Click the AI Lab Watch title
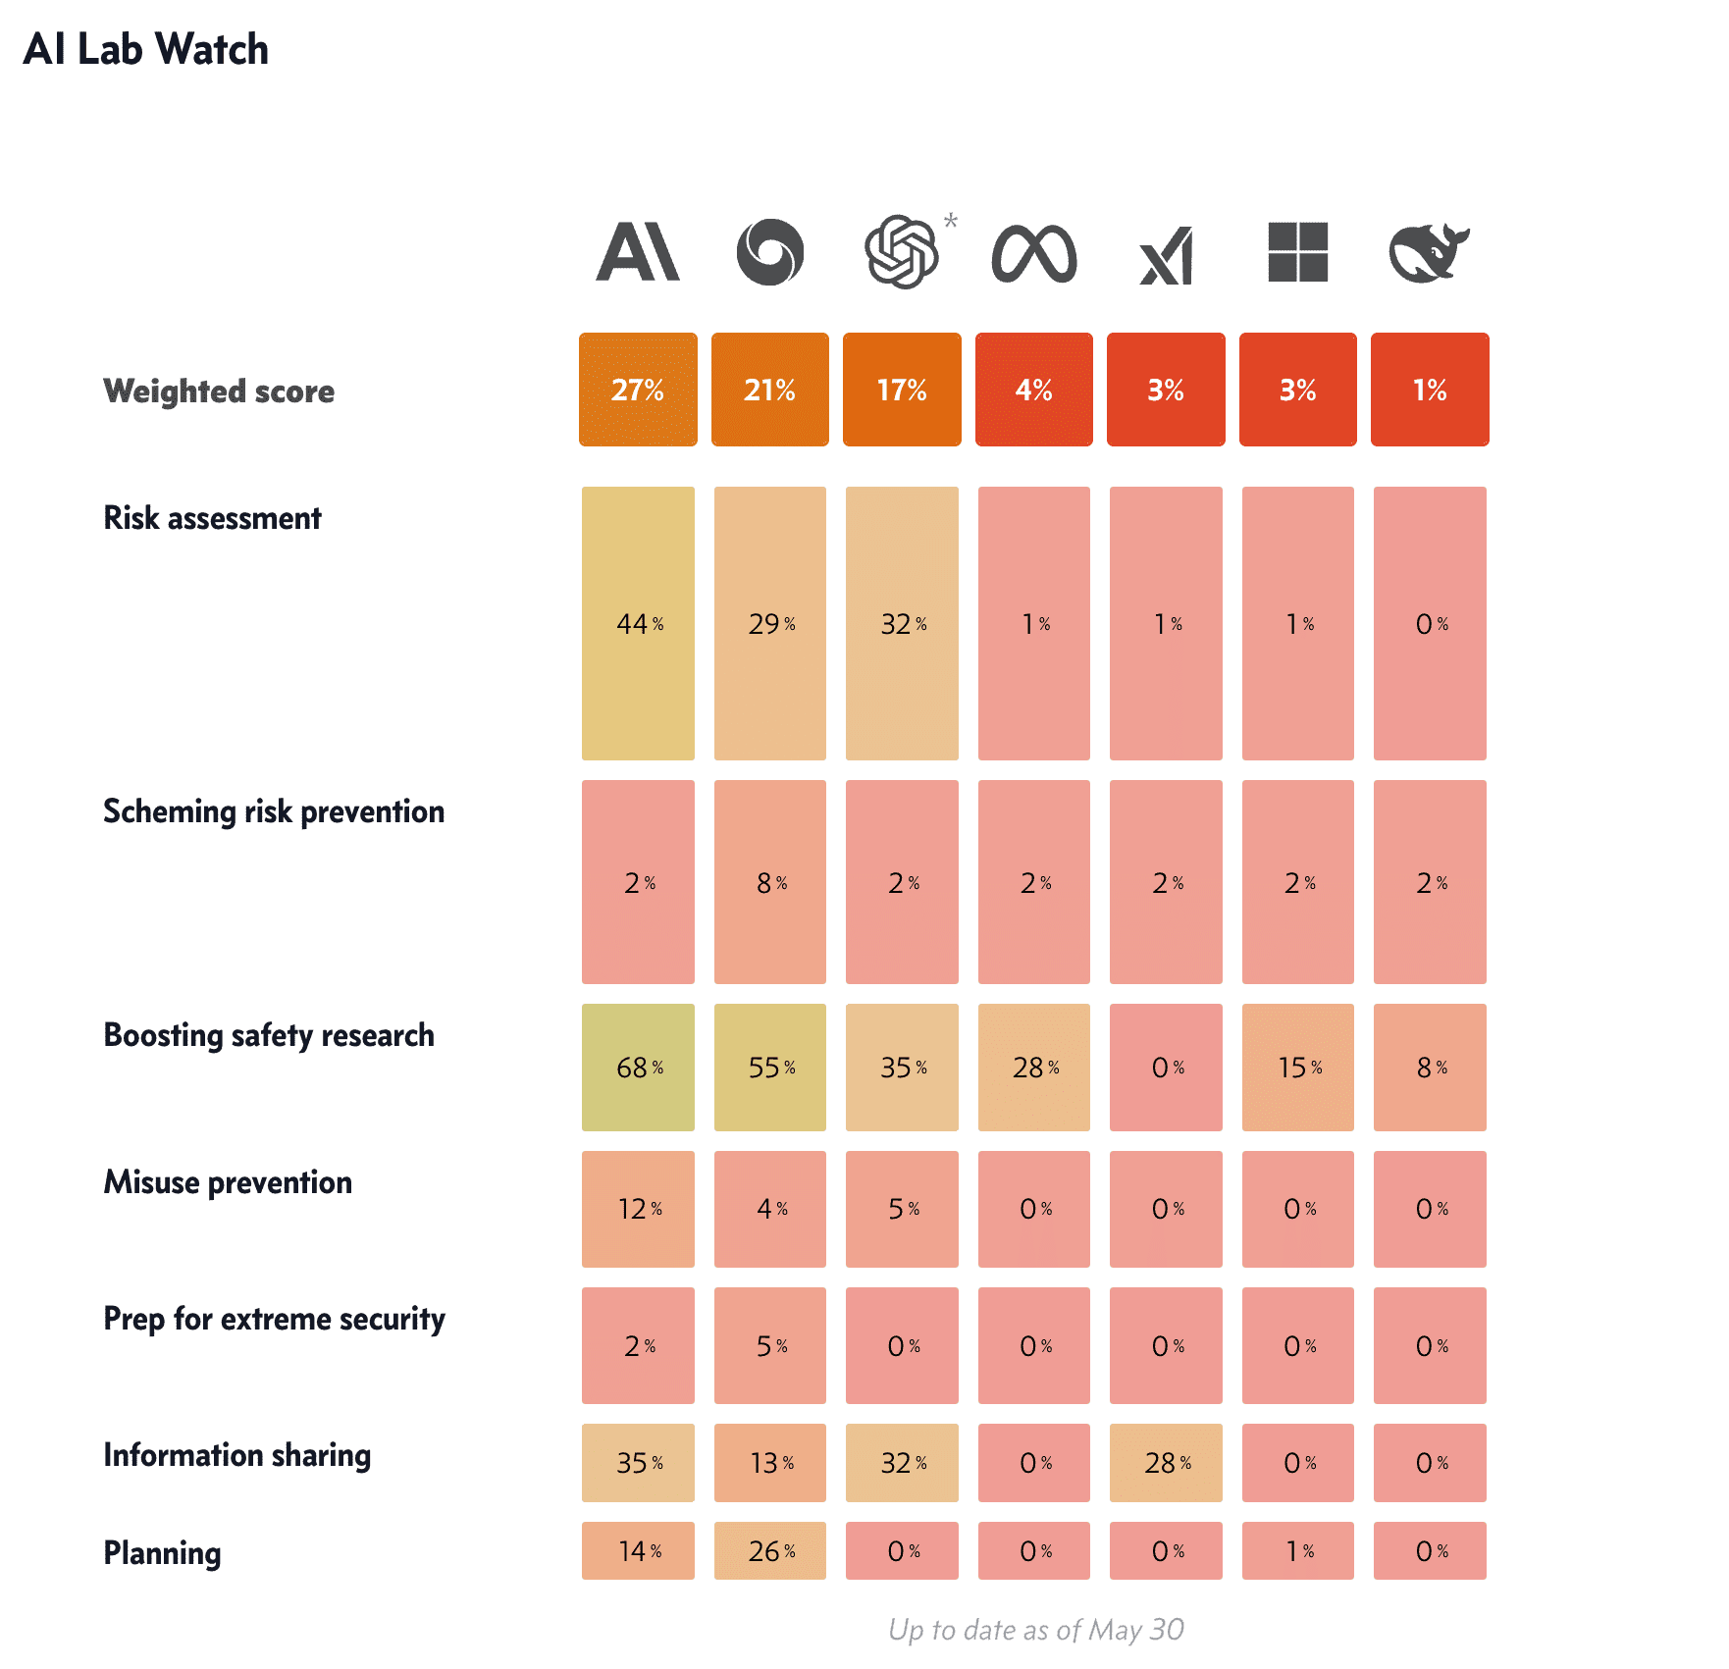(x=145, y=49)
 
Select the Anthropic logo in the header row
(x=638, y=252)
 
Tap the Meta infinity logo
(x=1034, y=254)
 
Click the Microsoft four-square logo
(x=1297, y=252)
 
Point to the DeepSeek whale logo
(x=1429, y=252)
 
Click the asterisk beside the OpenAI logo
(x=951, y=221)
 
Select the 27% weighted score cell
(x=638, y=390)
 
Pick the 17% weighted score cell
(x=902, y=390)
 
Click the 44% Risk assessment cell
(x=638, y=623)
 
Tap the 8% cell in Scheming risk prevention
(x=770, y=882)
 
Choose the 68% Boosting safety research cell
(x=638, y=1068)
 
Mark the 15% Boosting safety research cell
(x=1298, y=1068)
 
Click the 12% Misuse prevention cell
(x=638, y=1209)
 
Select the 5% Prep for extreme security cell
(x=770, y=1345)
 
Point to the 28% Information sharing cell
(x=1166, y=1463)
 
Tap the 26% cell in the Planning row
(x=770, y=1550)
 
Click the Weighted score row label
(x=219, y=391)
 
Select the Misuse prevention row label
(x=228, y=1182)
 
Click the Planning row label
(x=162, y=1553)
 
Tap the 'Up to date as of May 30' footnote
(x=1035, y=1630)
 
